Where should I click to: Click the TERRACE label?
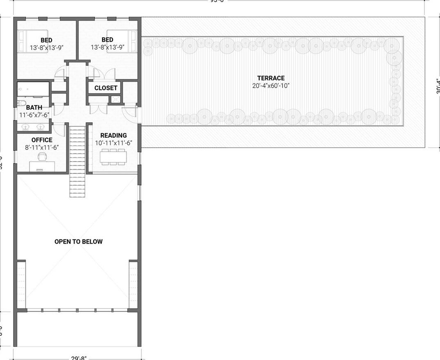point(271,78)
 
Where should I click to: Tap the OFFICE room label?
point(42,140)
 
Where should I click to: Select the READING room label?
point(114,135)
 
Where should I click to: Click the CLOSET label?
point(106,88)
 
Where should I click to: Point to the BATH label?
point(34,108)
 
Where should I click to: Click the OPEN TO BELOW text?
point(78,242)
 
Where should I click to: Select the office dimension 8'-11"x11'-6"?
point(42,147)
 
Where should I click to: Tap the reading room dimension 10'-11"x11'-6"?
point(114,143)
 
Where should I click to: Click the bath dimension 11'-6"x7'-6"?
point(34,115)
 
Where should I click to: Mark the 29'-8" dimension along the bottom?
point(78,358)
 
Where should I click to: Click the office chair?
point(42,156)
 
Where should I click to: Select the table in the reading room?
point(114,156)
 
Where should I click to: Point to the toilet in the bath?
point(22,103)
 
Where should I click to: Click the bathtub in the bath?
point(33,89)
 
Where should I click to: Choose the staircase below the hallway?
point(77,162)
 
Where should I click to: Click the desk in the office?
point(42,166)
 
